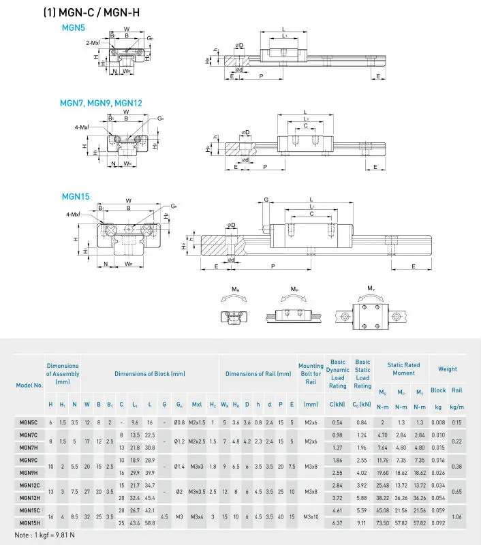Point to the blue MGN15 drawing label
pyautogui.click(x=76, y=197)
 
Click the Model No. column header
pyautogui.click(x=29, y=385)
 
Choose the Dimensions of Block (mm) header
pyautogui.click(x=149, y=373)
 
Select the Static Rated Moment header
pyautogui.click(x=403, y=369)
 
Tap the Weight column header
pyautogui.click(x=448, y=369)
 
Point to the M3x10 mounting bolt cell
pyautogui.click(x=311, y=516)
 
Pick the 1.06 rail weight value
pyautogui.click(x=457, y=516)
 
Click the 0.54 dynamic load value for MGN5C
pyautogui.click(x=337, y=423)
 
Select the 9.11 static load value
pyautogui.click(x=362, y=523)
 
